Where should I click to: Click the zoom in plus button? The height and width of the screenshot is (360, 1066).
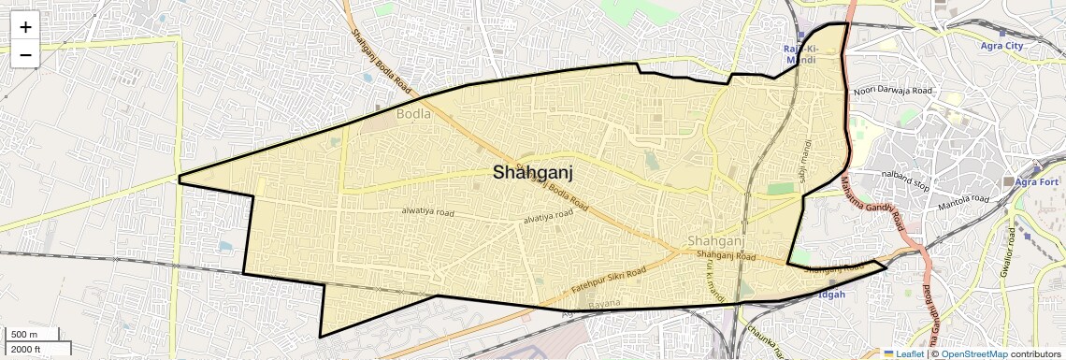[x=25, y=27]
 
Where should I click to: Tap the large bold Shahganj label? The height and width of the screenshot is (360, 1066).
[x=532, y=172]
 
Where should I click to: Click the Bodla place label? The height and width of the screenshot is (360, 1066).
[x=414, y=114]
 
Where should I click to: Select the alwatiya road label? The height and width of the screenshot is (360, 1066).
[x=427, y=213]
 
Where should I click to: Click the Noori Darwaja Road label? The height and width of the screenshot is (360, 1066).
[x=893, y=91]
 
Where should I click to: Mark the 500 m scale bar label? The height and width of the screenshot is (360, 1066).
[x=24, y=335]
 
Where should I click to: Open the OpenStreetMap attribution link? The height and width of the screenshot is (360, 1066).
[x=973, y=353]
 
